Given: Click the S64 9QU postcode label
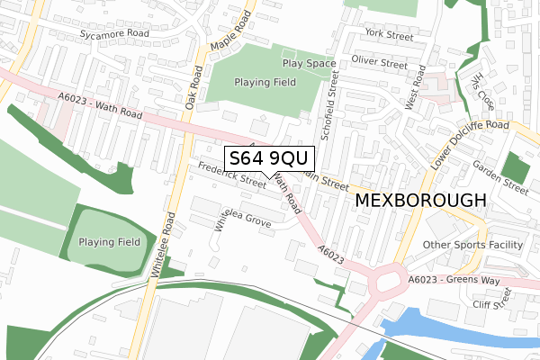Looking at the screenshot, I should tap(269, 158).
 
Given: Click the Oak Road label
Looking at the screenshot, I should tap(193, 86).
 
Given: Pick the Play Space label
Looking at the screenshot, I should tap(308, 64).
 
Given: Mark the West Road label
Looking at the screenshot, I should tap(414, 93).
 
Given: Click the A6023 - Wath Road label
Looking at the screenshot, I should tap(100, 109).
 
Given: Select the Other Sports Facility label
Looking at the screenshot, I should tap(472, 244).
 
